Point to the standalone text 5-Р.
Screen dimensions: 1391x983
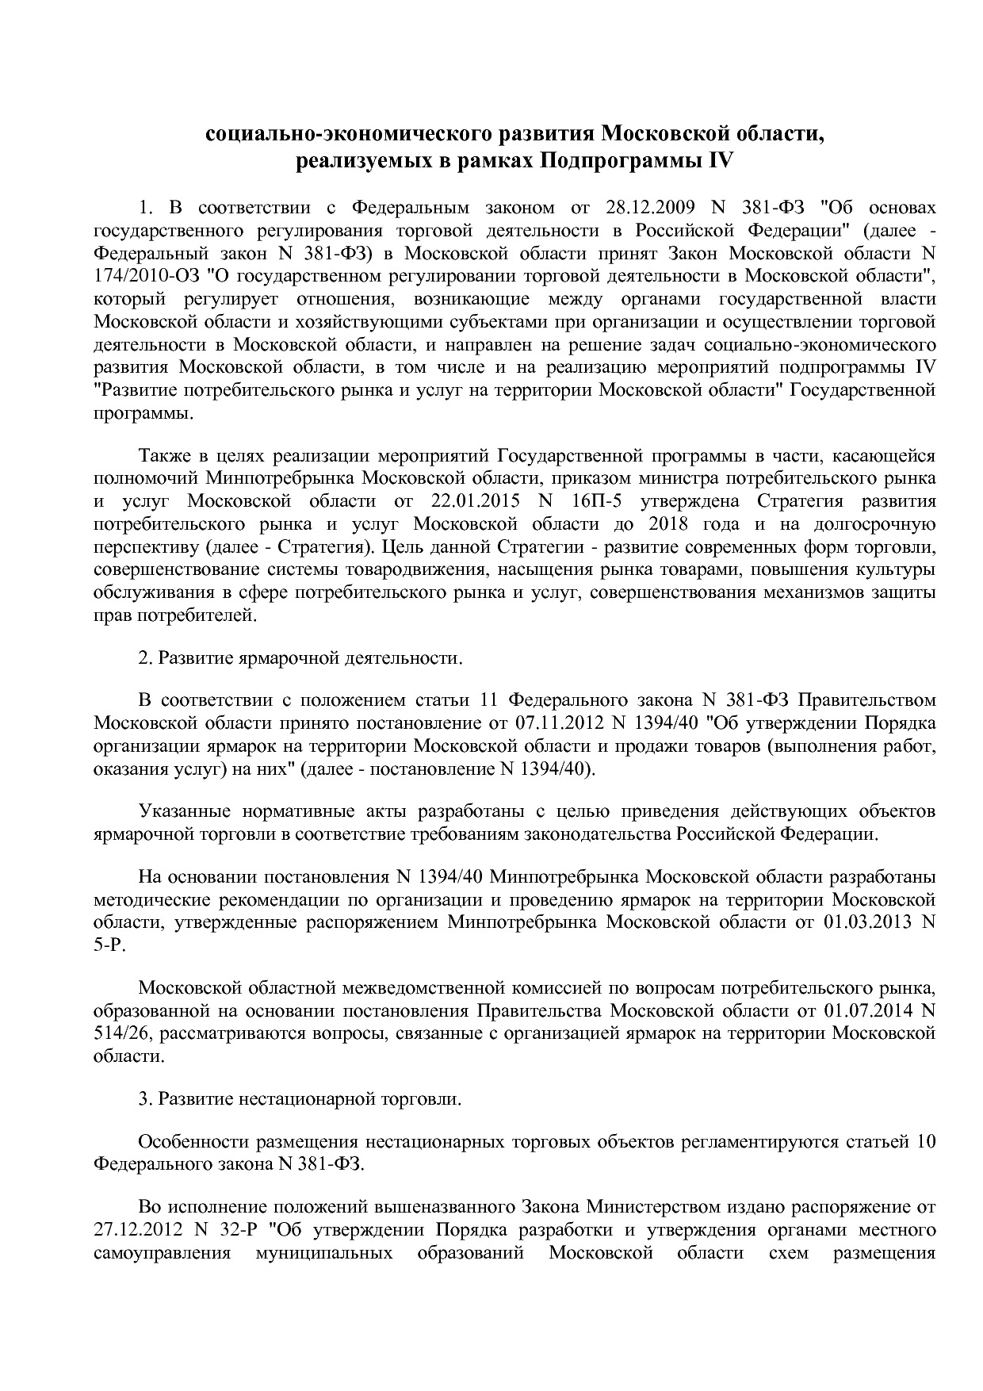109,945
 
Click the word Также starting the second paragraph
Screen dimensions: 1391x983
164,456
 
